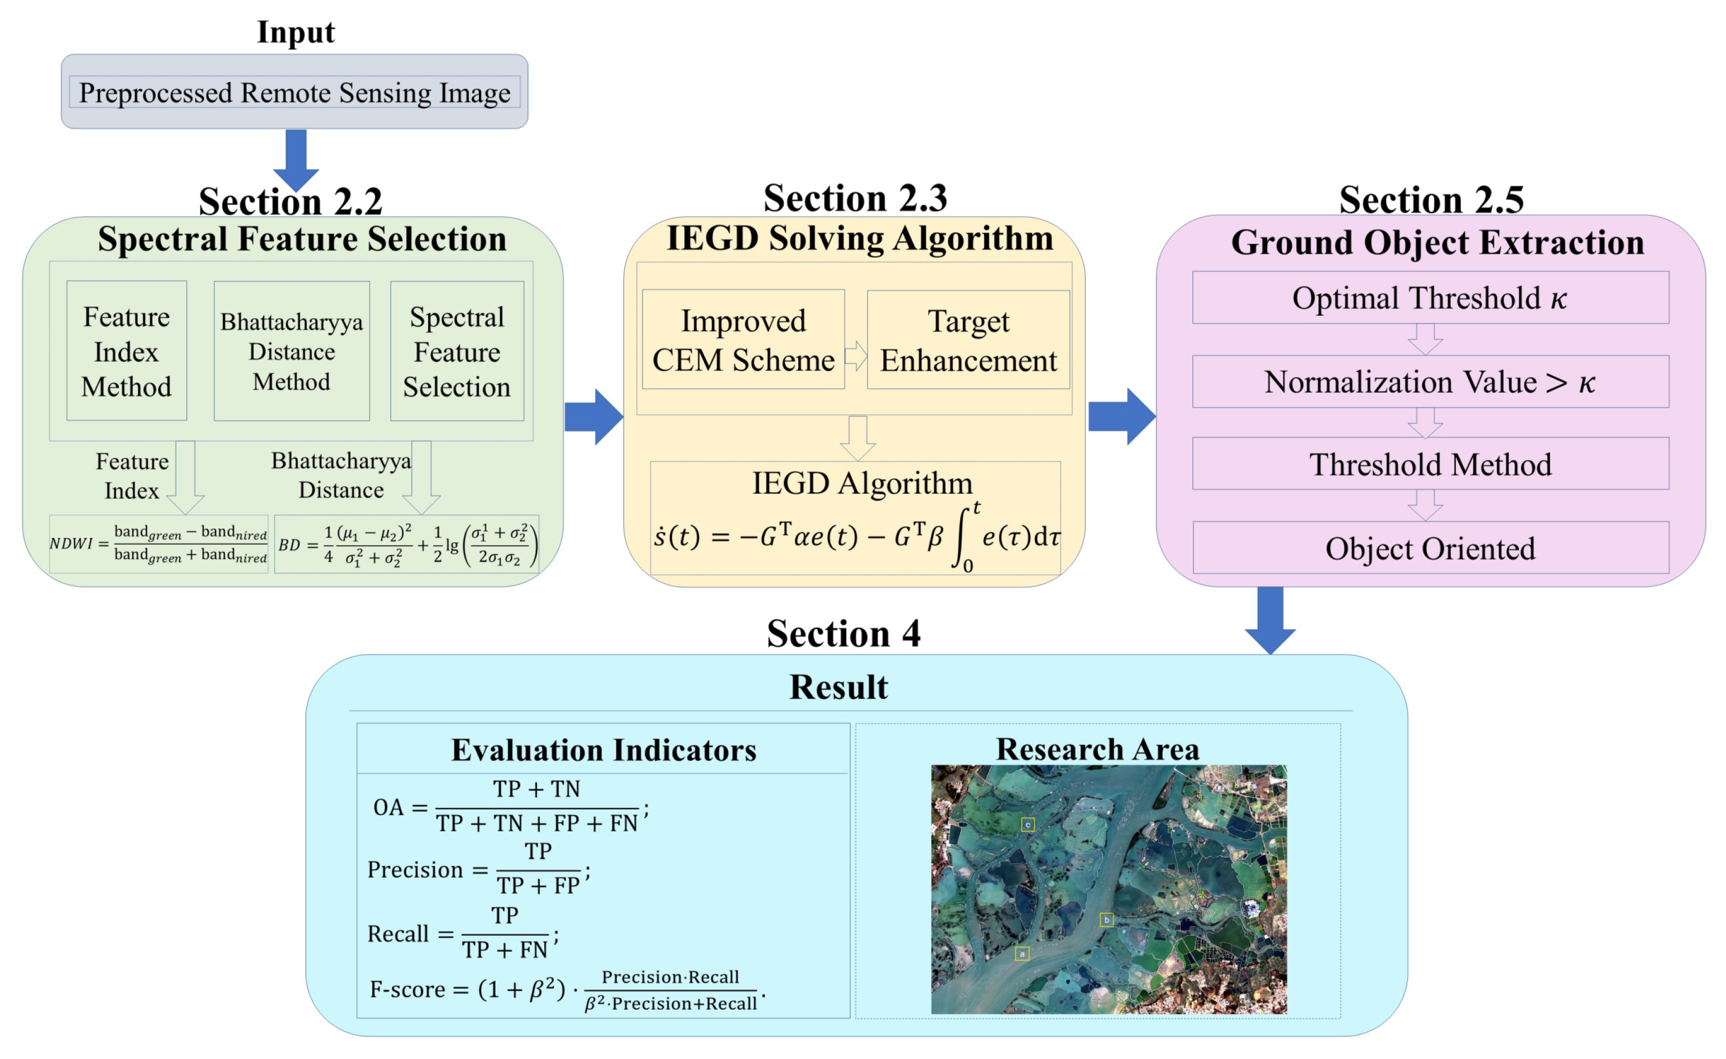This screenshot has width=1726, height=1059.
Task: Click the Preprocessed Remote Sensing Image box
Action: pos(294,93)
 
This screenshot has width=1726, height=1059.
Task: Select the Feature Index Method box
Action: pos(126,351)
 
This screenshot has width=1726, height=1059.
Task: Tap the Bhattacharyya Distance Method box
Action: pos(291,351)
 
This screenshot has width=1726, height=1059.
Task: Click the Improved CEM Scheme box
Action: pos(743,340)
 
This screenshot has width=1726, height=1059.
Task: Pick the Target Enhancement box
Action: pos(968,340)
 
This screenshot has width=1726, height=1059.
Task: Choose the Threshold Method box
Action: pos(1430,464)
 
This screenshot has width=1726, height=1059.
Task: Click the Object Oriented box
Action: pos(1430,548)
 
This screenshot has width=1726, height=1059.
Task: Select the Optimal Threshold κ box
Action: pos(1430,297)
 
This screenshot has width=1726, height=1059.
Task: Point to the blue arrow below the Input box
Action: pos(296,160)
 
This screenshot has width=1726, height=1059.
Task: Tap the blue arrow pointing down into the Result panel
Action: pos(1270,620)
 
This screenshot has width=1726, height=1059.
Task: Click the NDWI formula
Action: pos(159,543)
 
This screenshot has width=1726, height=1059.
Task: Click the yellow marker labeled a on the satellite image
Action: pos(1022,953)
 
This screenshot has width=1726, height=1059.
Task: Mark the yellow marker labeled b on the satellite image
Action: pos(1106,919)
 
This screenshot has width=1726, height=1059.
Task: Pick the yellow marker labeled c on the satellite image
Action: pos(1027,824)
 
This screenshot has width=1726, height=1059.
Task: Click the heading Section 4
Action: pos(843,633)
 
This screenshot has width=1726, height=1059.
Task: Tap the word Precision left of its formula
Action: pos(415,869)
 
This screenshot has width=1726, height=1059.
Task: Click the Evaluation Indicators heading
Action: pos(603,749)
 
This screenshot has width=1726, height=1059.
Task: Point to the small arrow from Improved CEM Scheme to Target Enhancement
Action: pos(856,356)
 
